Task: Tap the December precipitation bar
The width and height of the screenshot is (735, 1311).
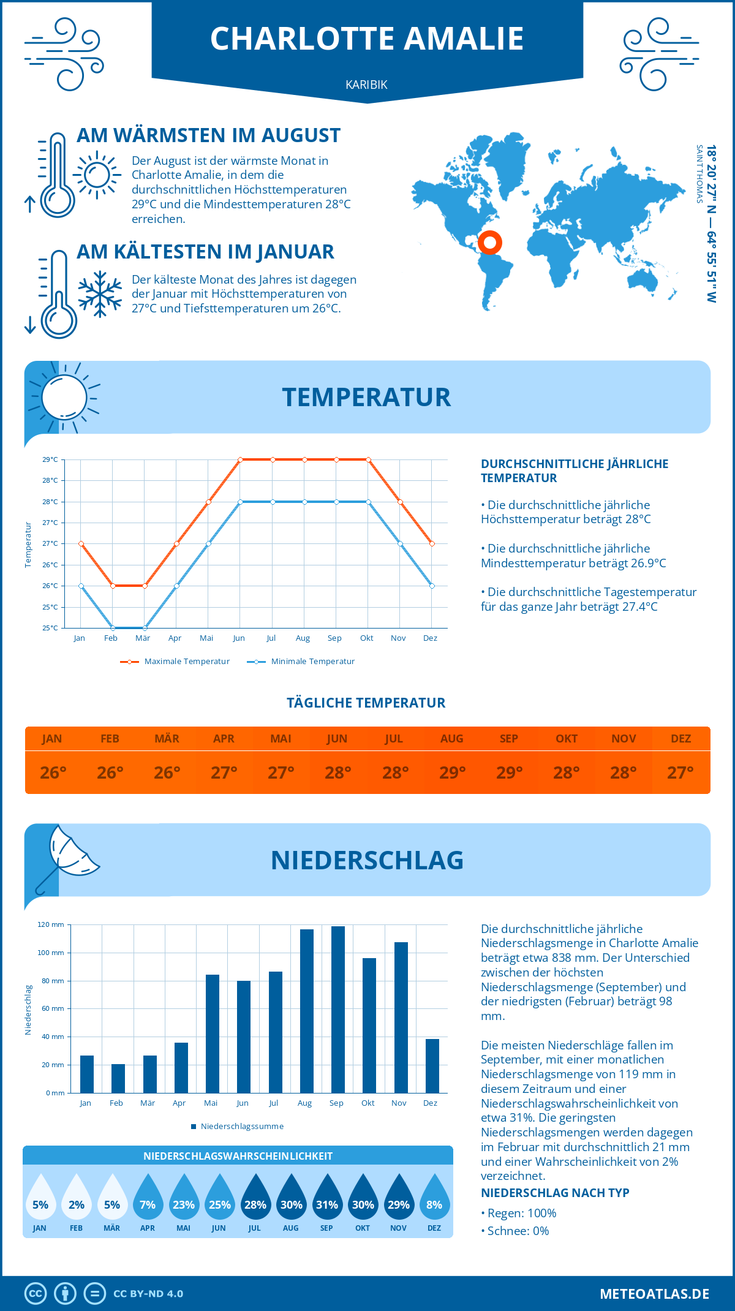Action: point(432,1066)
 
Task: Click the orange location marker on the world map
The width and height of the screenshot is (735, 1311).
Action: point(490,242)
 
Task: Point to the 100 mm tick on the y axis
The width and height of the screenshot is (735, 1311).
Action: point(51,953)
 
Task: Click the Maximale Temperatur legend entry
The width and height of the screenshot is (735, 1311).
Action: point(175,662)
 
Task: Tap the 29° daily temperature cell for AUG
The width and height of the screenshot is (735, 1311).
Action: point(452,773)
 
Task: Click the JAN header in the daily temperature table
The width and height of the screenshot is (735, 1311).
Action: point(52,739)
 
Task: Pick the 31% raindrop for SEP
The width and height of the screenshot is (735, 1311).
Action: point(326,1200)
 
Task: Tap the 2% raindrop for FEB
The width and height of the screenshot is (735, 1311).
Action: point(76,1200)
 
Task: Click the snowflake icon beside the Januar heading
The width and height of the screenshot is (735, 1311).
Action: point(100,294)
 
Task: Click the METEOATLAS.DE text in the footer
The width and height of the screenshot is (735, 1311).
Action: point(654,1294)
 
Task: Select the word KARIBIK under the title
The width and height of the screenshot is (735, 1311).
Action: point(366,85)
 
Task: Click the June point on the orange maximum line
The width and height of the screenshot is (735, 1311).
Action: point(240,459)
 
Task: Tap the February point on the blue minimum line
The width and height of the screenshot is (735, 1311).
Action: point(113,628)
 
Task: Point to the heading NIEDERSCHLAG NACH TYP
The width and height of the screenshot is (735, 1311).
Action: point(555,1193)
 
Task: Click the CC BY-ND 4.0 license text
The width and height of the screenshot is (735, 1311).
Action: point(148,1294)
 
